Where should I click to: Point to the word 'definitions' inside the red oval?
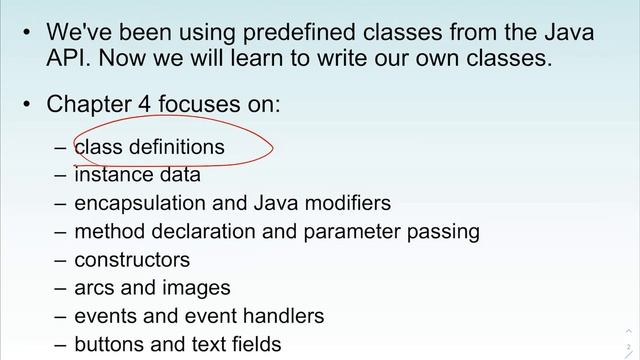pyautogui.click(x=174, y=147)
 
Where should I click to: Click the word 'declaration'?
pyautogui.click(x=210, y=232)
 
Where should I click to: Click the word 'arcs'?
pyautogui.click(x=94, y=288)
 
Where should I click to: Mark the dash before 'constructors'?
pyautogui.click(x=60, y=260)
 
